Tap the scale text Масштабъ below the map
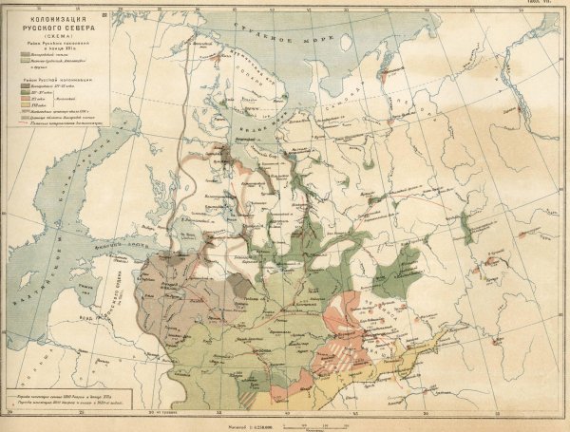click(285, 418)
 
